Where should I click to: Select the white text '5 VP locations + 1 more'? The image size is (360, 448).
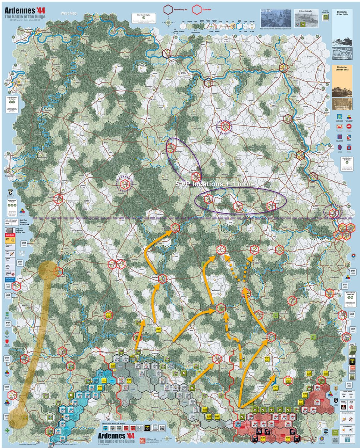[x=215, y=184]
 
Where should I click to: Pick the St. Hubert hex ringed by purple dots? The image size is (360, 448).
[x=123, y=183]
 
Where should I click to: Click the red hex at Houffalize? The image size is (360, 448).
[x=162, y=279]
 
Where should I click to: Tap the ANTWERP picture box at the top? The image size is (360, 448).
[x=276, y=17]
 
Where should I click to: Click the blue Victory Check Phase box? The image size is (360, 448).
[x=20, y=279]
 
